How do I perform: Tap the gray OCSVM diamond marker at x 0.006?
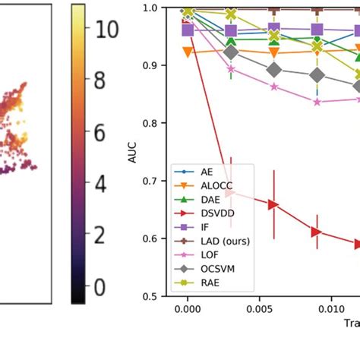274,70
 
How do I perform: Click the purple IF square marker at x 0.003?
231,31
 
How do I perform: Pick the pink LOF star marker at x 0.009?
317,101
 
